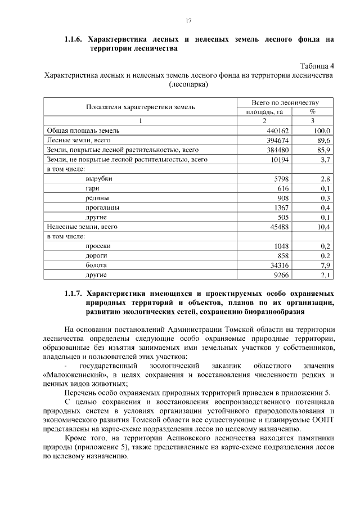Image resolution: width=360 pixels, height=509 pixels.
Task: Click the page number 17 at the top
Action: (189, 21)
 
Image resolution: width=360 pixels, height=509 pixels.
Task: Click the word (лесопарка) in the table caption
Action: (188, 84)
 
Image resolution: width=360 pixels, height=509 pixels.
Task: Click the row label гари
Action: (93, 188)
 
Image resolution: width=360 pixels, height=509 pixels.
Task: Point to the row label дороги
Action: (97, 255)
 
